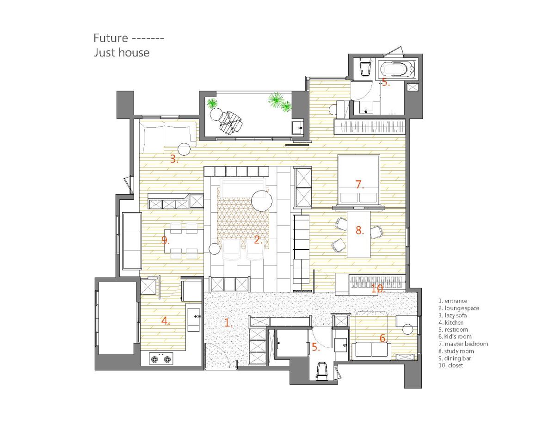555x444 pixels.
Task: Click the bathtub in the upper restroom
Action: [397, 68]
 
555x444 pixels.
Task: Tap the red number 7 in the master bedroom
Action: [359, 185]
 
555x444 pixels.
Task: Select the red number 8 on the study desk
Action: [359, 230]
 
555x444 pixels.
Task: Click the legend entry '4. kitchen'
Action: [451, 322]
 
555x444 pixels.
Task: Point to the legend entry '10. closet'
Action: [450, 365]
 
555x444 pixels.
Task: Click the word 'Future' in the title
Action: [111, 38]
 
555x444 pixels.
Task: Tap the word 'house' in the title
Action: [134, 53]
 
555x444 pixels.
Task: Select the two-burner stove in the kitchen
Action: [161, 358]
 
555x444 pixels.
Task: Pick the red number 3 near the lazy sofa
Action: [174, 159]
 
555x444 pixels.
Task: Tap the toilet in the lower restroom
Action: [321, 371]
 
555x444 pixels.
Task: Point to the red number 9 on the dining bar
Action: [165, 240]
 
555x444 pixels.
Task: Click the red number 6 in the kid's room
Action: [383, 338]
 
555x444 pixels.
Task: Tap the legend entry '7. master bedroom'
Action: [463, 344]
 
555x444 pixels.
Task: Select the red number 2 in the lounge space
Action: [258, 240]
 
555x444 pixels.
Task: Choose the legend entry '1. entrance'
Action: [453, 301]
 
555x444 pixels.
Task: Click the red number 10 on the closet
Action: [377, 289]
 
